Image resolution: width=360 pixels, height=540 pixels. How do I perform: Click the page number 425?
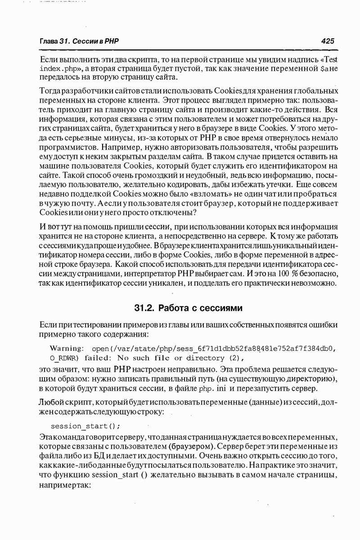coord(328,41)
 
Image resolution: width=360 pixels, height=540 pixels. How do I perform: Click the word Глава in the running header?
coord(49,41)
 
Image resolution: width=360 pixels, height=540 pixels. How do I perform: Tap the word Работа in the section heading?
coord(178,308)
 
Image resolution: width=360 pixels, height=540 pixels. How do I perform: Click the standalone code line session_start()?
coord(85,426)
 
